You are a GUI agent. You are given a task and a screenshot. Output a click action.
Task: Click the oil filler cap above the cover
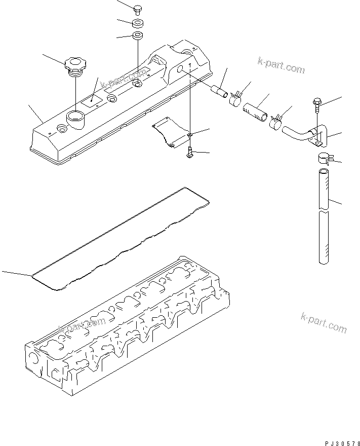pyautogui.click(x=75, y=66)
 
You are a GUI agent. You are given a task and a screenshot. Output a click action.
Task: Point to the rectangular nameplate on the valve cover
pyautogui.click(x=92, y=100)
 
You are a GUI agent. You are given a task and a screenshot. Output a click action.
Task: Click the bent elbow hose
pyautogui.click(x=296, y=134)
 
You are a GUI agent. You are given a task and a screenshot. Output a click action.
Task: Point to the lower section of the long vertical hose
pyautogui.click(x=325, y=238)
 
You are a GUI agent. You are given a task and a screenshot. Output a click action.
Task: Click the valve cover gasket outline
pyautogui.click(x=122, y=238)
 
